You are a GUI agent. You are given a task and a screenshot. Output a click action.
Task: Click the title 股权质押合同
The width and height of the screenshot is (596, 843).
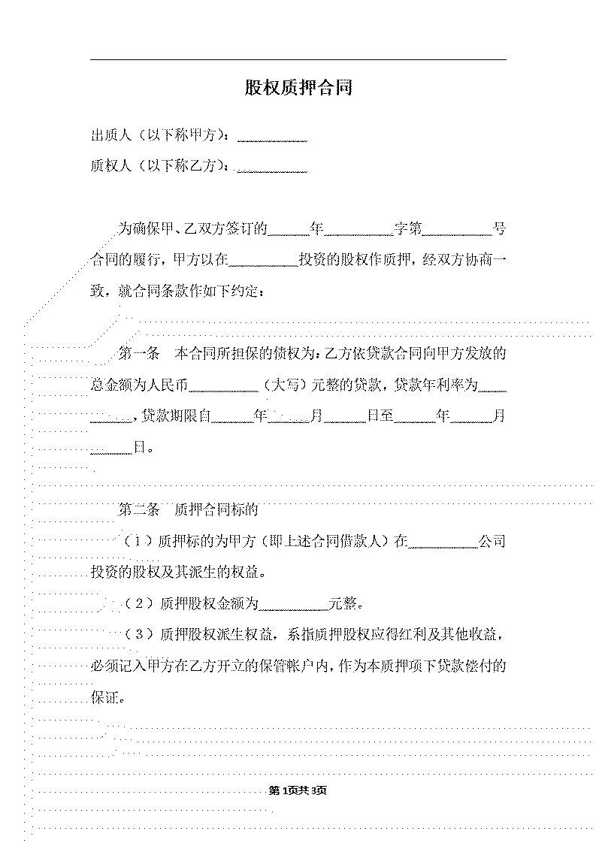click(298, 87)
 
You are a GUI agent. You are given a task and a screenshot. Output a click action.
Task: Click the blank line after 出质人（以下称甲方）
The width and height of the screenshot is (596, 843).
click(272, 141)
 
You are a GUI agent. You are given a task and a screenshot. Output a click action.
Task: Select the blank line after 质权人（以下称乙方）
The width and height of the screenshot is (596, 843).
click(272, 172)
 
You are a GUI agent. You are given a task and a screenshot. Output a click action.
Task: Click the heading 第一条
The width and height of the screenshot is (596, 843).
click(139, 354)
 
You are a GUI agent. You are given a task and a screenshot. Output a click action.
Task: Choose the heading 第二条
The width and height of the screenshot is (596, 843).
click(139, 509)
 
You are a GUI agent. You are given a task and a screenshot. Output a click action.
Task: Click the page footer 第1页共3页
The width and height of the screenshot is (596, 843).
click(298, 790)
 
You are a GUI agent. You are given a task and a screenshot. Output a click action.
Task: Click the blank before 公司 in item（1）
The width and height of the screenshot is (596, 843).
click(443, 547)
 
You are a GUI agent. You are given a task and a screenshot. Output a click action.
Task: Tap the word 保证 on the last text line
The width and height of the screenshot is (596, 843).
click(104, 697)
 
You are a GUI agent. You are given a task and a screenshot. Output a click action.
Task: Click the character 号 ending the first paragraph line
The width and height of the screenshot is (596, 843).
click(500, 229)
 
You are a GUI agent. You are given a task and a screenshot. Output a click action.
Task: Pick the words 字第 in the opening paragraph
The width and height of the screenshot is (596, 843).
click(408, 229)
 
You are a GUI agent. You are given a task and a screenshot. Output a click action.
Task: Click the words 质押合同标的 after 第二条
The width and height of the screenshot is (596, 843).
click(216, 509)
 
